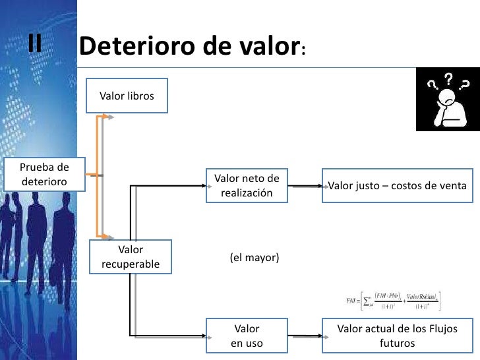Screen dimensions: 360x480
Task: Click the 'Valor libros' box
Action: pos(127,96)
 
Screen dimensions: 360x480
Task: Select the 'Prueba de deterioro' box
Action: pos(44,174)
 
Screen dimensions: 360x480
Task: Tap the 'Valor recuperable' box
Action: pos(131,257)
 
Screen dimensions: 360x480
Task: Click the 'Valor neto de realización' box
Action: pos(247,186)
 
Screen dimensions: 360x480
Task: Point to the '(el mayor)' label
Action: pos(255,257)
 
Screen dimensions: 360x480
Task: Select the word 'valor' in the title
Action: pos(265,47)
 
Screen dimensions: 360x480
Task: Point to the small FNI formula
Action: pos(394,301)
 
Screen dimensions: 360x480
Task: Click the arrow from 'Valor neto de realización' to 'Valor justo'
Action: pos(305,187)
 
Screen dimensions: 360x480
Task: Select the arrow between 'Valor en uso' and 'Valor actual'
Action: pos(305,336)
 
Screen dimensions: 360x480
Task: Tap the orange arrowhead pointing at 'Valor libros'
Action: pos(111,117)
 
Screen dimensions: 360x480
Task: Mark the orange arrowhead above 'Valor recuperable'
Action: pos(110,235)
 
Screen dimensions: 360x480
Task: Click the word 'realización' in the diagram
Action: pos(247,193)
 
